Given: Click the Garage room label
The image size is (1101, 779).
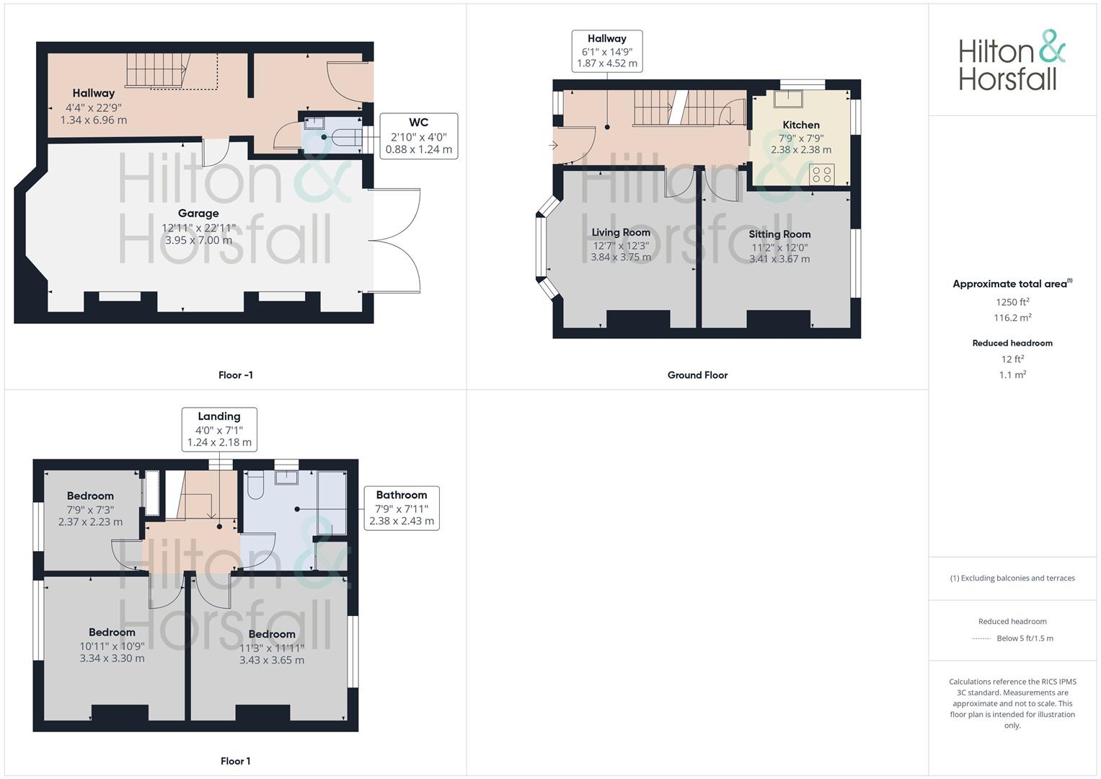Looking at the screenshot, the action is click(x=198, y=214).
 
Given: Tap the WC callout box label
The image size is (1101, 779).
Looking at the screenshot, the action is click(x=418, y=123).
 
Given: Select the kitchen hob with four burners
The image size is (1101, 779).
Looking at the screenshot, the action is click(x=821, y=174).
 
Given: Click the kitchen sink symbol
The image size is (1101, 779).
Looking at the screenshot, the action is click(x=788, y=99).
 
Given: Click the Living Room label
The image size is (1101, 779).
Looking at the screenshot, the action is click(x=621, y=232).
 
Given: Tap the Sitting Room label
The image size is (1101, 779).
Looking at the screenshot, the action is click(x=779, y=234).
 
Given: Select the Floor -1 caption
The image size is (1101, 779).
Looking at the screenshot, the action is click(x=236, y=375).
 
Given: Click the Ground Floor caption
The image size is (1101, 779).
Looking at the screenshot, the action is click(x=697, y=375).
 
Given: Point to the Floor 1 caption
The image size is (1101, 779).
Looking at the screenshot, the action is click(x=236, y=761).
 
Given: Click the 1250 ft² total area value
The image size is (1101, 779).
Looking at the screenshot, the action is click(x=1012, y=302).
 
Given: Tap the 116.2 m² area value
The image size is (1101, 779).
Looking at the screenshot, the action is click(x=1012, y=317).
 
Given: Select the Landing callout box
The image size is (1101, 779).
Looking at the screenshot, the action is click(x=219, y=429).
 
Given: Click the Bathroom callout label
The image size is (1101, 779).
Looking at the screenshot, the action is click(x=402, y=495).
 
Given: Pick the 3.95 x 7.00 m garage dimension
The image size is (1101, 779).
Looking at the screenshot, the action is click(x=198, y=240).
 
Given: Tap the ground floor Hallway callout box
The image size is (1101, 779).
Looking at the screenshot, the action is click(x=607, y=51).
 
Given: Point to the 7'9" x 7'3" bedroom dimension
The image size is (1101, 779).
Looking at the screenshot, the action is click(x=90, y=509).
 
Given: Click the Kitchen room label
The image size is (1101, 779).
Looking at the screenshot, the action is click(x=801, y=125).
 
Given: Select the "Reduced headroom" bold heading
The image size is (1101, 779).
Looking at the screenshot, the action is click(x=1012, y=343).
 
